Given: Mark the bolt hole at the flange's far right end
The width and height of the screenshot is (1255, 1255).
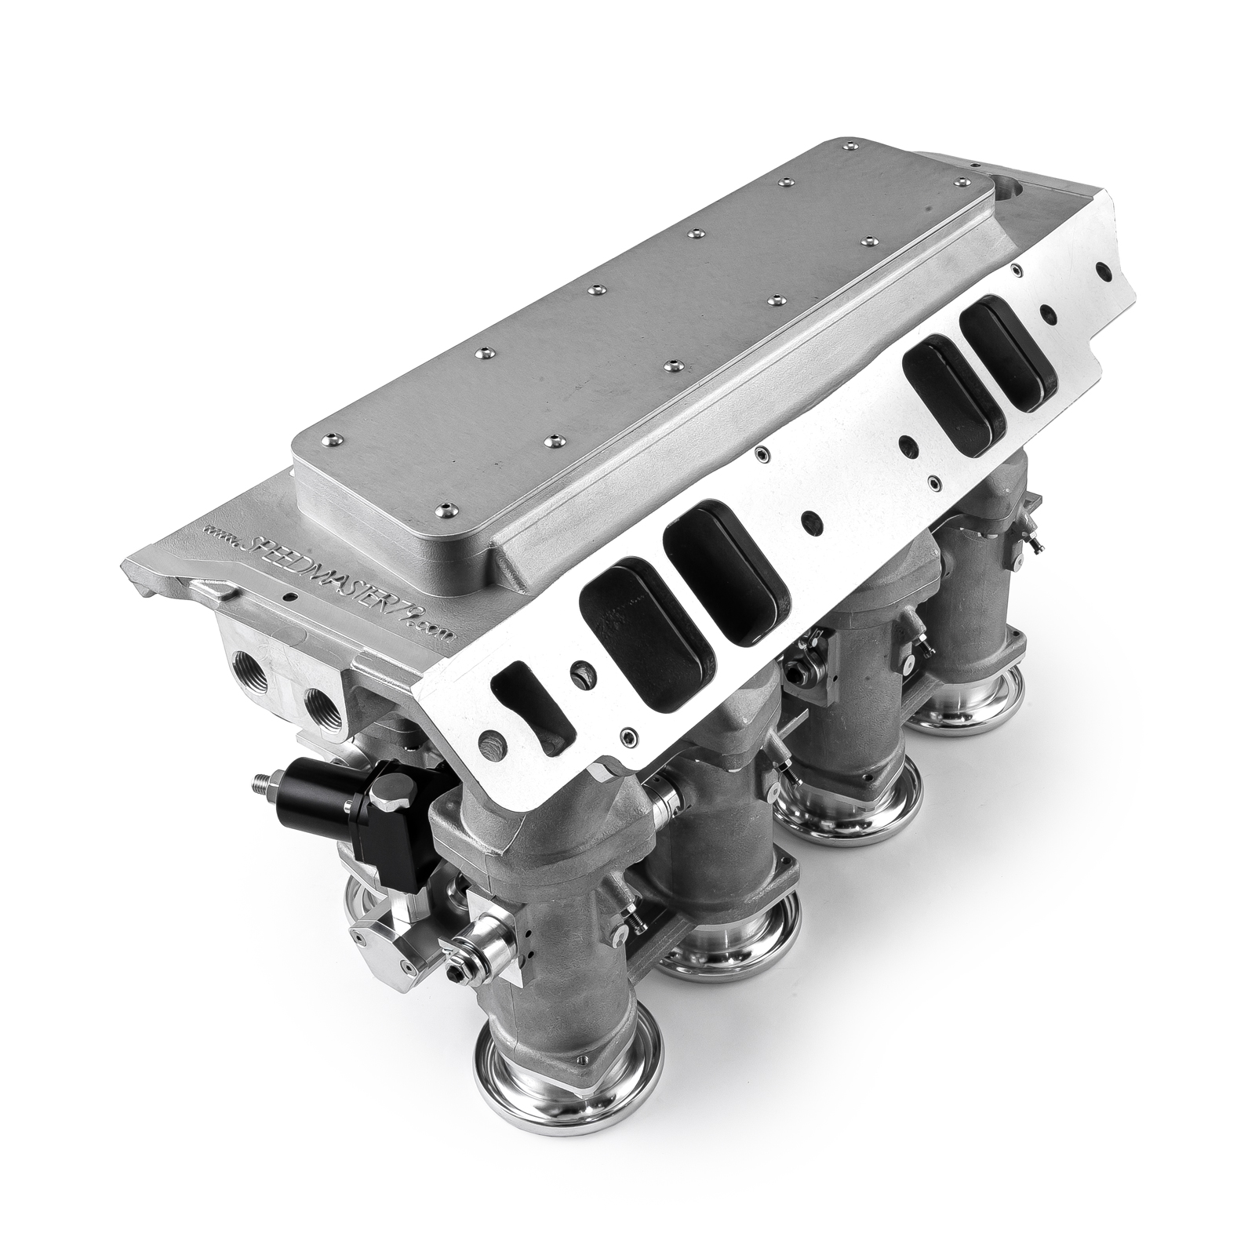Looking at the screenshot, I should point(1105,270).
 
